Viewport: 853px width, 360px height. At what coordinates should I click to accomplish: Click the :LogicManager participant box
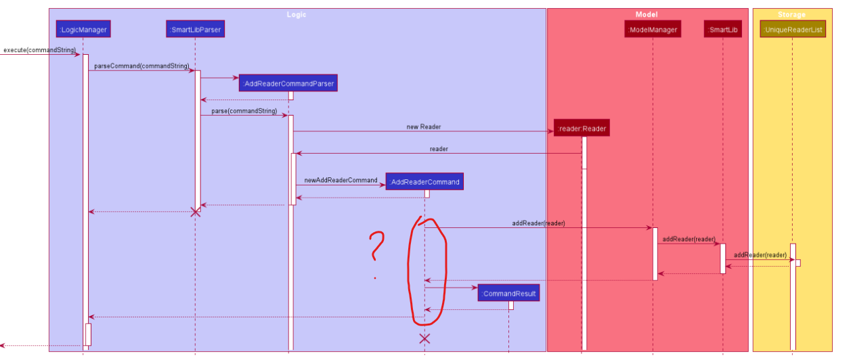pos(83,29)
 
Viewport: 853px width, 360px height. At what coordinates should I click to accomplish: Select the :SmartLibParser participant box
pos(195,29)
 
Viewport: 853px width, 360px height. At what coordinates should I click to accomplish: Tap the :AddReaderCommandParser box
pos(288,83)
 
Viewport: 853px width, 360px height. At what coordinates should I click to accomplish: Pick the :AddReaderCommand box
pos(424,181)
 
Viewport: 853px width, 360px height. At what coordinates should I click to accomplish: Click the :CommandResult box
pos(508,293)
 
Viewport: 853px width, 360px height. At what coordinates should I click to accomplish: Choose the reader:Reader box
pos(582,128)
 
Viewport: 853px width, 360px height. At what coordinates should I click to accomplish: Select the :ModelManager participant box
pos(653,29)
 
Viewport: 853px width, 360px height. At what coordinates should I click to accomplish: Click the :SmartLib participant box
pos(722,29)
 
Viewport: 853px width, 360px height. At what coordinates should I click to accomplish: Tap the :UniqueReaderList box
pos(793,29)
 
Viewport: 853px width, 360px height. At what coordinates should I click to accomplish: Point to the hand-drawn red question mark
pos(376,249)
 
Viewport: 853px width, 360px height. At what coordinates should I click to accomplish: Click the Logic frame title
pos(297,14)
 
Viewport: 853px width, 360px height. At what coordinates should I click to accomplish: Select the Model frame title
pos(647,14)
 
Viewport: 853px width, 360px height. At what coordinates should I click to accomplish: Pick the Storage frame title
pos(792,14)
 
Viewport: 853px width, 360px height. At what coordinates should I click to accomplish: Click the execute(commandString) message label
pos(39,50)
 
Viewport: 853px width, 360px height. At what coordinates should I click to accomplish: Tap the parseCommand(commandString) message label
pos(141,66)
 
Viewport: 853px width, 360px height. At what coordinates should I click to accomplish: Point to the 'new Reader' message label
pos(423,127)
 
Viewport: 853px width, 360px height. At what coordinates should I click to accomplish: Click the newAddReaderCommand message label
pos(341,180)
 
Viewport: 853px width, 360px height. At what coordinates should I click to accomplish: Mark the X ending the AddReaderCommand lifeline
pos(424,338)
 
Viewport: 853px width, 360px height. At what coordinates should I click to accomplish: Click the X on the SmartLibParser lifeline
pos(196,212)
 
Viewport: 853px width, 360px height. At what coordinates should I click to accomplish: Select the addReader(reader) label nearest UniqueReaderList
pos(760,255)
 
